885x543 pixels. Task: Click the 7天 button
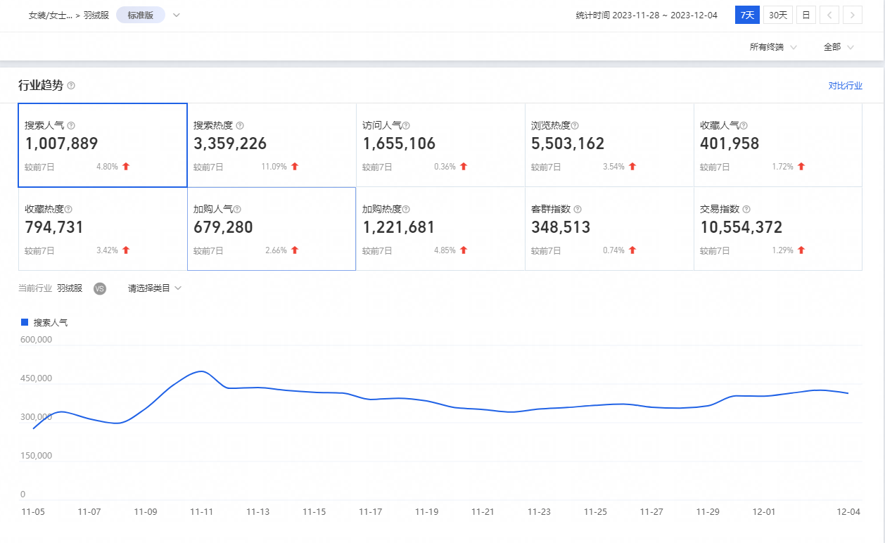[x=747, y=15]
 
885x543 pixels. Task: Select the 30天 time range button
[x=778, y=15]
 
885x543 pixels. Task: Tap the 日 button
[x=806, y=15]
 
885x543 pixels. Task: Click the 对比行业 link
[x=845, y=86]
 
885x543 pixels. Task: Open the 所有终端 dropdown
[x=772, y=47]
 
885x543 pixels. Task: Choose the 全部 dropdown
[x=838, y=47]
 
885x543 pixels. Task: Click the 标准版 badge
[x=141, y=15]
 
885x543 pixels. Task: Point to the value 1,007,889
[x=61, y=143]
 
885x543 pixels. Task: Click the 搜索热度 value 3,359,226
[x=230, y=143]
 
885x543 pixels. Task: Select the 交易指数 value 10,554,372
[x=741, y=227]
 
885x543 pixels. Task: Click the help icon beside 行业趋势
[x=71, y=86]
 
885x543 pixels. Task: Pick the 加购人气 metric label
[x=212, y=209]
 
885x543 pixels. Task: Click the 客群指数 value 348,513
[x=561, y=227]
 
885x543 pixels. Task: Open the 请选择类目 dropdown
[x=154, y=288]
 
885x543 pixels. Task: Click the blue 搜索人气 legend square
[x=25, y=322]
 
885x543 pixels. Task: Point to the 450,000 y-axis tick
[x=35, y=378]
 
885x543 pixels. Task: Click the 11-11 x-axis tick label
[x=201, y=512]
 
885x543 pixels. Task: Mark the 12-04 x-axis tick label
[x=848, y=512]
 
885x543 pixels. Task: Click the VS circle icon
[x=100, y=288]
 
